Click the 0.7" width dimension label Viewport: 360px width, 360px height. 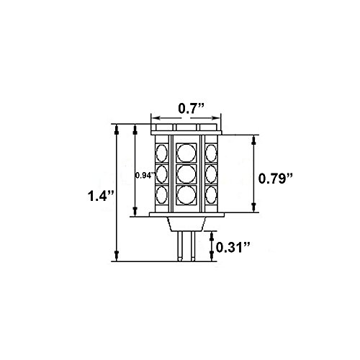tap(191, 109)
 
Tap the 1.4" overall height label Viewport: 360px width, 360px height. tap(100, 196)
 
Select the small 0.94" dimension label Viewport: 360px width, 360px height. tap(145, 176)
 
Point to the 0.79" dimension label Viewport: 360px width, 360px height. tap(276, 179)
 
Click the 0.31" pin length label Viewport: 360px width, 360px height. tap(233, 247)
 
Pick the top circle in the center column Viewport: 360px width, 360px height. tap(186, 153)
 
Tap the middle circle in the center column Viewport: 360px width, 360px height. tap(186, 174)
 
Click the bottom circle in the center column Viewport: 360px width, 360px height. tap(186, 194)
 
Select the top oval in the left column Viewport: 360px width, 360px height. tap(161, 153)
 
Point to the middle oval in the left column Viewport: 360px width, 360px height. tap(161, 174)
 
